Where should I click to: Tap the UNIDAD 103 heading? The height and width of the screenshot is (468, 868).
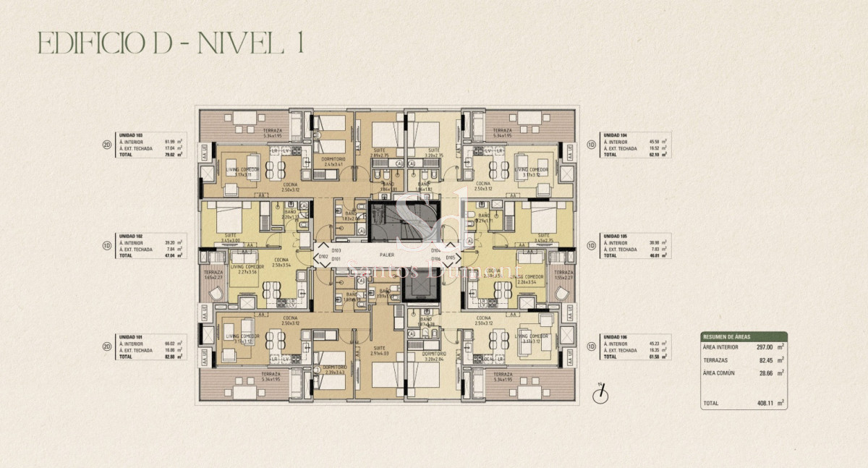pos(131,135)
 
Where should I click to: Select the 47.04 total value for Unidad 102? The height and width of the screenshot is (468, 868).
pos(171,255)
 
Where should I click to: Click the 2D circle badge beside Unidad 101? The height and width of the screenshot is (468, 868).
pos(106,346)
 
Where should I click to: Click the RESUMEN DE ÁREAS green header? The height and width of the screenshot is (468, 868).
pos(743,337)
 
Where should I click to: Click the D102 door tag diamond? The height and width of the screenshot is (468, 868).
pos(323,257)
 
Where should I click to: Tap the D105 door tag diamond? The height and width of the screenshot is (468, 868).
pos(450,257)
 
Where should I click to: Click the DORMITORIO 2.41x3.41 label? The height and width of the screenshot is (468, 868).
pos(333,161)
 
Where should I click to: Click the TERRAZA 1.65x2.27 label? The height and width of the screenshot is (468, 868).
pos(213,274)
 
